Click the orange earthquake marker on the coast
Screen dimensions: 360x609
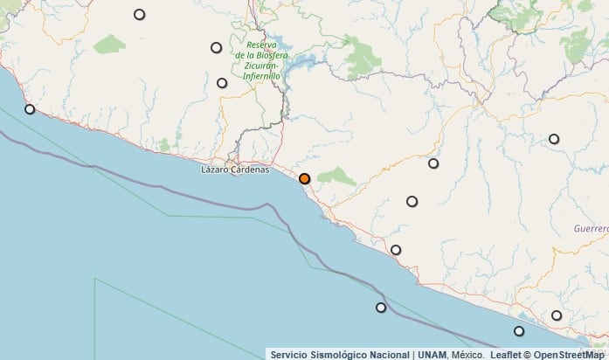(x=304, y=178)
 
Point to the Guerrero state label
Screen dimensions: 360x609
(x=591, y=227)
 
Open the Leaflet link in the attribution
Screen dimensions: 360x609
(x=506, y=354)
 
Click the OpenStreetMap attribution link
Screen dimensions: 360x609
(x=571, y=354)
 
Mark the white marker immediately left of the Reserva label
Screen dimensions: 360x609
(x=217, y=47)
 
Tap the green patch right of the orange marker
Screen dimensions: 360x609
(x=336, y=177)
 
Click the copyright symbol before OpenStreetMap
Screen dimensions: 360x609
(x=527, y=354)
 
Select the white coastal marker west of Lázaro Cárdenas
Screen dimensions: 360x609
(x=30, y=109)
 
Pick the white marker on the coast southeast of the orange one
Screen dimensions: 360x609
(x=396, y=250)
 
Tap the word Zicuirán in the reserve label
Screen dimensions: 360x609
(x=261, y=66)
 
